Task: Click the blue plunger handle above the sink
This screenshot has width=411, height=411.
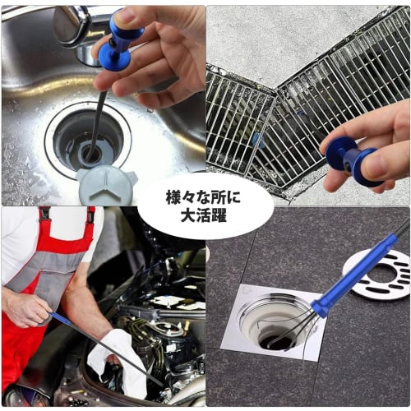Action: click(119, 45)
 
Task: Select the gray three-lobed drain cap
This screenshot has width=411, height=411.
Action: click(104, 186)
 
